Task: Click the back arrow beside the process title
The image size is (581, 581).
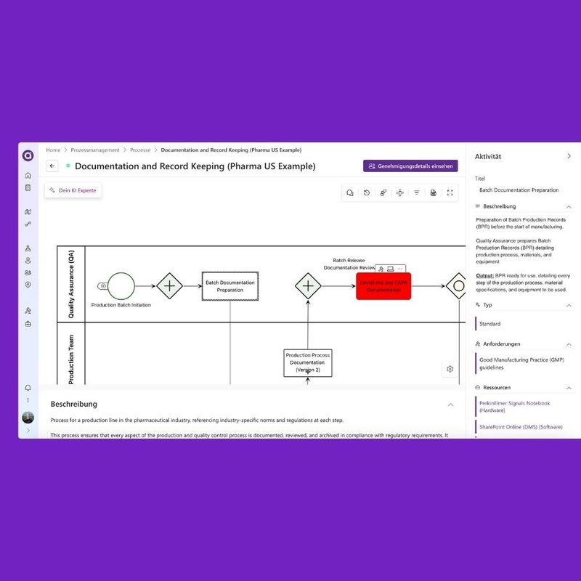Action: pos(52,166)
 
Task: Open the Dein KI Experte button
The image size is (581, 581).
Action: pos(73,190)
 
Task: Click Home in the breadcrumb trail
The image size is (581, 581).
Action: pos(53,150)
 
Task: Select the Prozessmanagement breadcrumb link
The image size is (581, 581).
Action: pos(95,150)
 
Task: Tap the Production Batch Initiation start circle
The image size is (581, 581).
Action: pos(121,286)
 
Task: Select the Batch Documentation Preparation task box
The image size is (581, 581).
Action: pos(230,286)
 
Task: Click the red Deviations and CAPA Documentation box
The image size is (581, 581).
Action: pos(383,286)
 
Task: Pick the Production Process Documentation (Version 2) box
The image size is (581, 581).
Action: pos(307,362)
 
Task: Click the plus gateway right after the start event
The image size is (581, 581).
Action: pos(170,286)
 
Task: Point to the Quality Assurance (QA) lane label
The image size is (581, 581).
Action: pos(71,284)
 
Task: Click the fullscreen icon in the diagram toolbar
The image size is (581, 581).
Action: pos(450,192)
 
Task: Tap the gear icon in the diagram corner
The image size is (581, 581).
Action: pos(450,369)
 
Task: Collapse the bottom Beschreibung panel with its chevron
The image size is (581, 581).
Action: pos(450,405)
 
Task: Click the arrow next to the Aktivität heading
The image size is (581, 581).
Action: pos(569,156)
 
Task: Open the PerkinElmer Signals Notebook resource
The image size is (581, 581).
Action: pos(513,406)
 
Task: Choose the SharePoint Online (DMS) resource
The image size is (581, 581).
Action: pos(519,427)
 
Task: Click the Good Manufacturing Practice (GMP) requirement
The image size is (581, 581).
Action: pos(521,363)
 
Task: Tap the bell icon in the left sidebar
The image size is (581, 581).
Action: pos(28,388)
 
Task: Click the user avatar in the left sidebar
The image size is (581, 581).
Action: pos(28,418)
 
